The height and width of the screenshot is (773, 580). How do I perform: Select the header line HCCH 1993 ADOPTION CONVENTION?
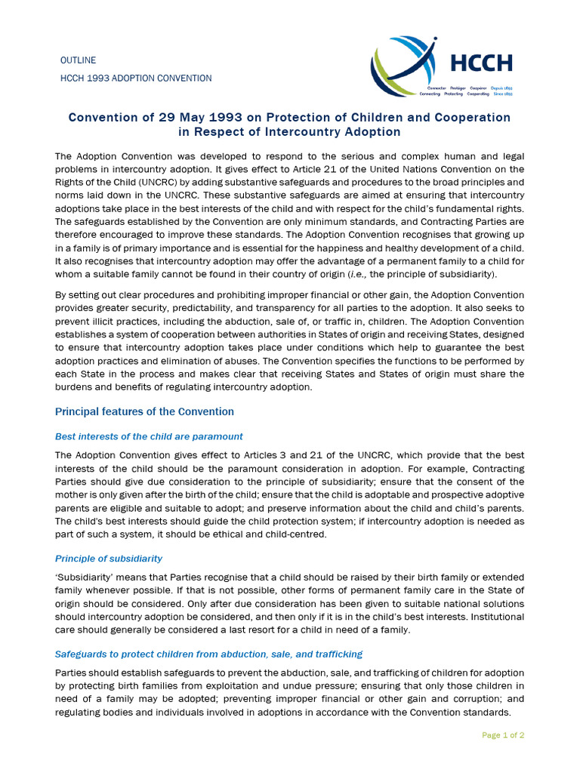[136, 79]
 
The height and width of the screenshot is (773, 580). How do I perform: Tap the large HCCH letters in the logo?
[481, 62]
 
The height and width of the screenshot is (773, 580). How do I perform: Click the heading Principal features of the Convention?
[144, 411]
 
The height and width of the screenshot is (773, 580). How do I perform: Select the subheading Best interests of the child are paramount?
[149, 436]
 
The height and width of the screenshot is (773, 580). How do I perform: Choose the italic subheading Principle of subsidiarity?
[109, 559]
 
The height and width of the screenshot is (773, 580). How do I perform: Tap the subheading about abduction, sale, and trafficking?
[208, 654]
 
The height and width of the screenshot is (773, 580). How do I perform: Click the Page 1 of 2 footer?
[503, 735]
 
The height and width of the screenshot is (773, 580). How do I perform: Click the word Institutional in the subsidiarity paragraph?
[492, 617]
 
